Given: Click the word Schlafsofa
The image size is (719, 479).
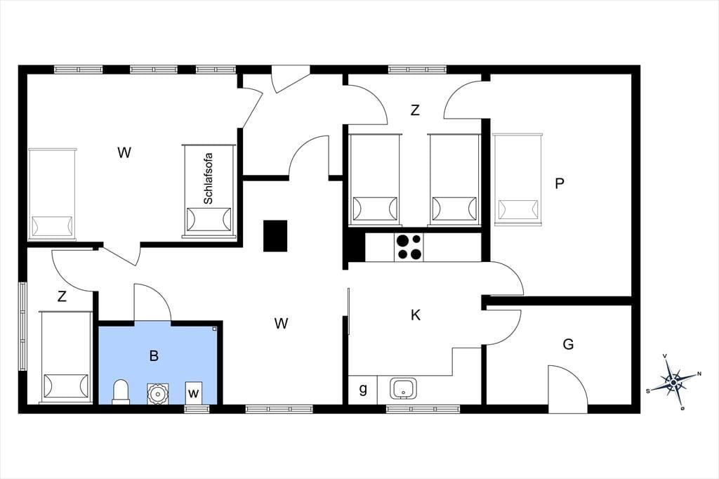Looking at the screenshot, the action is point(208,178).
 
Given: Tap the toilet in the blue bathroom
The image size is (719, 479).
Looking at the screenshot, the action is point(121,392).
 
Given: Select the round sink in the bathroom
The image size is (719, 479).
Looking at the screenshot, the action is point(158,393).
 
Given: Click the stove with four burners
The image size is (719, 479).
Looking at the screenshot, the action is point(409,247).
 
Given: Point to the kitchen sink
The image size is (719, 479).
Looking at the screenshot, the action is point(404,389).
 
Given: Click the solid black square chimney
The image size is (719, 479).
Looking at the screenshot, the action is point(275,236).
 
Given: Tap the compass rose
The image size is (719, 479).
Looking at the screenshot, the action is point(673,382).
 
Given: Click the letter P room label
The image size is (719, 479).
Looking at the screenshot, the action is point(559,183).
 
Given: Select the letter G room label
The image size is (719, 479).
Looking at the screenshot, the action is point(568,344).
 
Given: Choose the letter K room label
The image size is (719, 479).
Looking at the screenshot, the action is point(416,315).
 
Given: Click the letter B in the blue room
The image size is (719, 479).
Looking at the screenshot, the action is point(154,355).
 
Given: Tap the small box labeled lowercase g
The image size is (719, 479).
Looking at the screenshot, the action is point(362,390).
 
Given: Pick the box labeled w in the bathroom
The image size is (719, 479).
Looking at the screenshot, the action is point(194,393).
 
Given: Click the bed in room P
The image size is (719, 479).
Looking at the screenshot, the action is point(517,179).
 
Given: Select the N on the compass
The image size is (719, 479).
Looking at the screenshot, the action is point(699,374).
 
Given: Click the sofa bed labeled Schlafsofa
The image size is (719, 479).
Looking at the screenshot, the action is point(209,191).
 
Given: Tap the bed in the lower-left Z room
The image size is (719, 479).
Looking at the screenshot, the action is point(65,357).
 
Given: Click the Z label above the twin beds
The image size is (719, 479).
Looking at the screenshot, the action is point(415,110).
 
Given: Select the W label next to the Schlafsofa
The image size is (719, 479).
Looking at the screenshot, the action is point(124,152).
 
